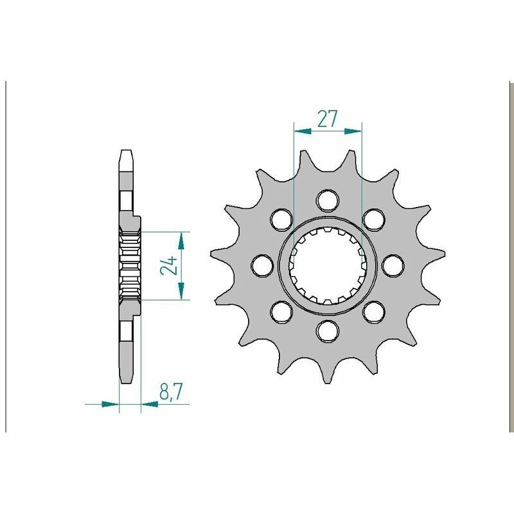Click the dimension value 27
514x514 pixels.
tap(328, 119)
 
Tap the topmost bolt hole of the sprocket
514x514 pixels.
tap(328, 200)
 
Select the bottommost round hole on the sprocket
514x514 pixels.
tap(328, 330)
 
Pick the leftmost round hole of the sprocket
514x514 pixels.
tap(262, 265)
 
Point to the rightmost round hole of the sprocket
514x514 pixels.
tap(393, 265)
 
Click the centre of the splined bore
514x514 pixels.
tap(328, 265)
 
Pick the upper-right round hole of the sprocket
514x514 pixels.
tap(373, 219)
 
